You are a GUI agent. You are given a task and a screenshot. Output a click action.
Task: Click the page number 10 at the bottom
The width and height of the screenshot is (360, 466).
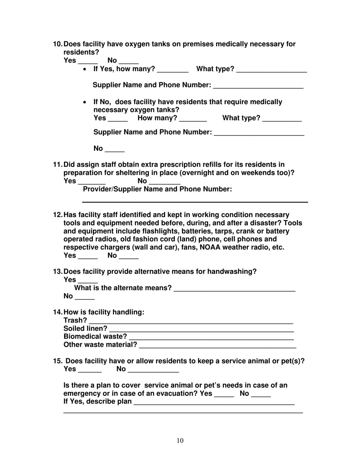180,440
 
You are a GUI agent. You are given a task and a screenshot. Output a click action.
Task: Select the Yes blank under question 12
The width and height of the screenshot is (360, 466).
88,257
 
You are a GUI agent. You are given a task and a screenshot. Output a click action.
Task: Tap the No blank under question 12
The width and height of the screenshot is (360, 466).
128,257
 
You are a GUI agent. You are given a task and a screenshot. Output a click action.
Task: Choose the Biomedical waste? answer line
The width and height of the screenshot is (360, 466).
211,338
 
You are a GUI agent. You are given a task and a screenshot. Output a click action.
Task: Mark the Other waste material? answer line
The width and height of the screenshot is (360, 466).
218,346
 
